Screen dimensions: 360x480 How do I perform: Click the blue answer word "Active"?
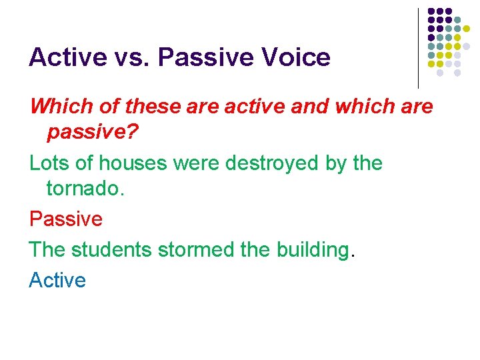click(57, 280)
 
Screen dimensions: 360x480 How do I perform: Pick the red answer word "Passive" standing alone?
click(65, 219)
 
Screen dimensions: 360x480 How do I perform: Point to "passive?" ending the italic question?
click(92, 133)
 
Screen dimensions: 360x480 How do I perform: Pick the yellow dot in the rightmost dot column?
click(475, 29)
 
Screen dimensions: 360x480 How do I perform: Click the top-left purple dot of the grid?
click(431, 11)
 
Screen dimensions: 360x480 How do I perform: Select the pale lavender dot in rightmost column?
click(475, 47)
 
